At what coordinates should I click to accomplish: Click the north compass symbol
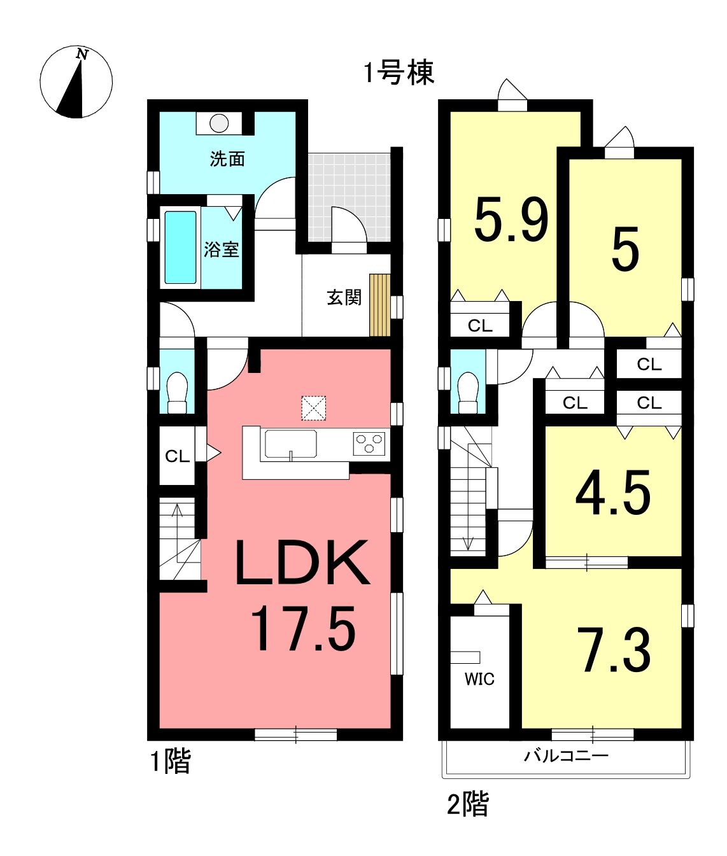(x=76, y=81)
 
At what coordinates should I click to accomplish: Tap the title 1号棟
(x=399, y=73)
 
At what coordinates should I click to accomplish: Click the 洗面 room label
(x=227, y=159)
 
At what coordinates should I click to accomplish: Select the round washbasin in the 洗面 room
(x=219, y=123)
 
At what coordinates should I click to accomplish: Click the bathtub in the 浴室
(x=181, y=247)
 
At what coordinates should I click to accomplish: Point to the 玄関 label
(x=344, y=297)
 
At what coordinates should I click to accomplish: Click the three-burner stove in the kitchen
(x=369, y=444)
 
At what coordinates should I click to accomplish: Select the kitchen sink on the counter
(x=291, y=445)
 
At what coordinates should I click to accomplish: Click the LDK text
(x=302, y=563)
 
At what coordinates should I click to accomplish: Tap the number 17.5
(x=303, y=628)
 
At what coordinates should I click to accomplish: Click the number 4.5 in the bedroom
(x=613, y=493)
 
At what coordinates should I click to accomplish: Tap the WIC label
(x=480, y=679)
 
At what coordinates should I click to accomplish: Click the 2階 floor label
(x=468, y=804)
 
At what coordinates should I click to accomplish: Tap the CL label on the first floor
(x=178, y=456)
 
